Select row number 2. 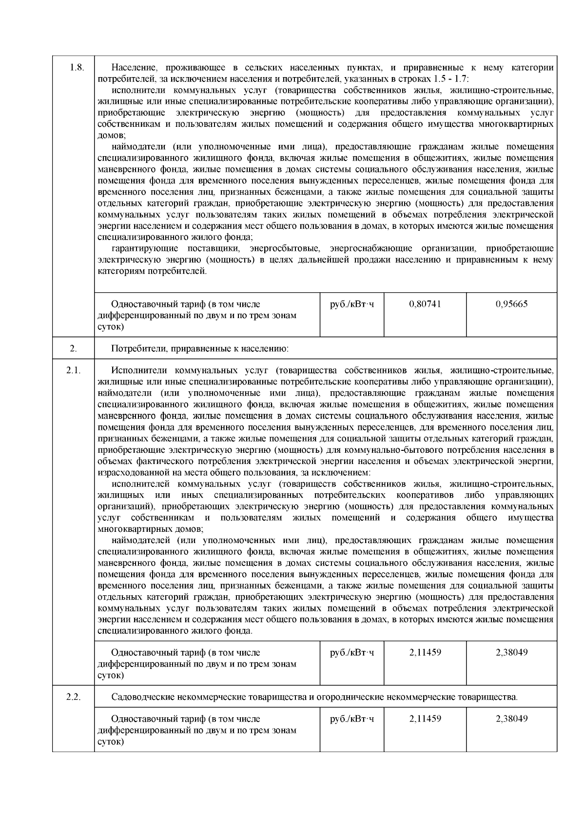[x=73, y=348]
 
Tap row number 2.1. [x=73, y=370]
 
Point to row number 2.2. [x=73, y=697]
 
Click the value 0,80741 [x=425, y=304]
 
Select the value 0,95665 [x=511, y=304]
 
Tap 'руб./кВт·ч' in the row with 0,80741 [x=352, y=304]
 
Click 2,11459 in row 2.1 [x=425, y=652]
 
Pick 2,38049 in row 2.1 [x=511, y=652]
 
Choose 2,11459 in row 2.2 [x=425, y=719]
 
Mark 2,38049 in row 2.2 [x=511, y=719]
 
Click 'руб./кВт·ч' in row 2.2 [x=352, y=719]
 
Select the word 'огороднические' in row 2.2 [x=350, y=697]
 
